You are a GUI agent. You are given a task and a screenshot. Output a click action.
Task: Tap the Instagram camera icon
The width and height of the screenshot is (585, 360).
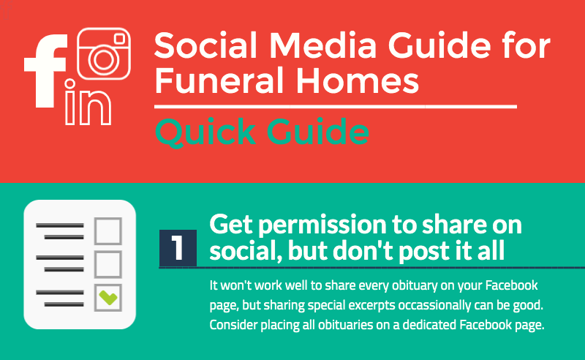pos(104,53)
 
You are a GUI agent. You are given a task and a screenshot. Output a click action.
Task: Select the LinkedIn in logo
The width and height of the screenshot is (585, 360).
pos(88,102)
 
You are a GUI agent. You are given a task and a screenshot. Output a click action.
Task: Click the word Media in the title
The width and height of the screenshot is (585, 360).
pos(323,45)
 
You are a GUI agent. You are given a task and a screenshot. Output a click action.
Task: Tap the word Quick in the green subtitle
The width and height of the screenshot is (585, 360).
pos(205,132)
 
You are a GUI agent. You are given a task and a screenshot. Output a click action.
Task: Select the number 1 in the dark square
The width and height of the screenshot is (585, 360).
pos(178,247)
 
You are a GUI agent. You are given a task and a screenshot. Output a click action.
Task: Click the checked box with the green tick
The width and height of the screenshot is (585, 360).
pos(108,298)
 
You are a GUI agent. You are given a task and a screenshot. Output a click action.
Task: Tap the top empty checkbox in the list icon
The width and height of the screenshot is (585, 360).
pos(108,231)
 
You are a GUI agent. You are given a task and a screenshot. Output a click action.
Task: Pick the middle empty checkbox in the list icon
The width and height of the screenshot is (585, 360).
pos(108,264)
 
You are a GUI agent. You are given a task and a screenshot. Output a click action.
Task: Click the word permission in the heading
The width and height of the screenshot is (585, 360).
pos(322,225)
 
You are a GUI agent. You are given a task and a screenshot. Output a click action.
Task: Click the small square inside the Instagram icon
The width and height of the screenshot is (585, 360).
pos(119,39)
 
